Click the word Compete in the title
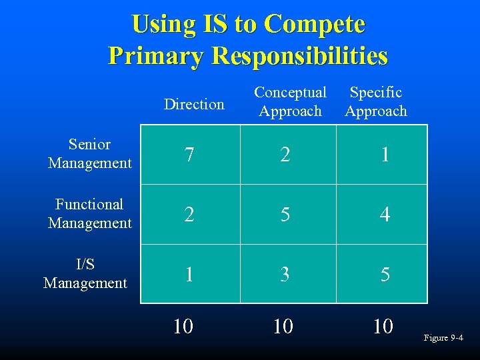(314, 24)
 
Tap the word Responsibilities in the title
(299, 55)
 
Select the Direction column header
(194, 104)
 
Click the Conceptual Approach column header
(290, 101)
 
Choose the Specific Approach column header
(376, 101)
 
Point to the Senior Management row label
(89, 154)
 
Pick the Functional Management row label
(89, 213)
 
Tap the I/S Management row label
(85, 273)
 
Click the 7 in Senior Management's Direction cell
(190, 155)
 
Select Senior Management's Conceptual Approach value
(285, 155)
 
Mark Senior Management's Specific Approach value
(385, 155)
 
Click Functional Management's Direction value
(190, 215)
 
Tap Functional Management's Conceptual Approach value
(285, 215)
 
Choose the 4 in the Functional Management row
(385, 215)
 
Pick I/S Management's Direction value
(190, 274)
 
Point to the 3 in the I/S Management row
(285, 274)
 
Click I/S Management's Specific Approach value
(385, 274)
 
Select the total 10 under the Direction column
(183, 326)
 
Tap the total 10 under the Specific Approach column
(383, 326)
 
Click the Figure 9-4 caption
(443, 338)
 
